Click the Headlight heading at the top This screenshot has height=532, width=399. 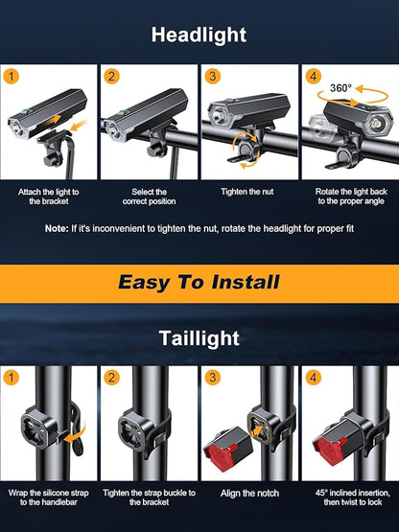pos(199,35)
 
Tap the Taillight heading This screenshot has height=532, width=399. pos(199,338)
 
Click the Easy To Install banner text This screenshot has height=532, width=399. pos(199,282)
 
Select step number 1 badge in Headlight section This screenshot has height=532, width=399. pos(12,75)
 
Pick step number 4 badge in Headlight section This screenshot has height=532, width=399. pos(313,75)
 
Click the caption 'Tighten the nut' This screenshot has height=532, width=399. pos(249,192)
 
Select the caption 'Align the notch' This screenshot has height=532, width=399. pos(249,493)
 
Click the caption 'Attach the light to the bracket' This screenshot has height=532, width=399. pos(50,197)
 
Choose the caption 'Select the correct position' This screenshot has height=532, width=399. pos(150,197)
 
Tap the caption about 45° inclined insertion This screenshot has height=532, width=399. pos(349,498)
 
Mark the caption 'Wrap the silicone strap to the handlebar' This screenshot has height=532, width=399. pos(50,498)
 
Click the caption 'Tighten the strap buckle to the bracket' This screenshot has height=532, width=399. pos(150,498)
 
